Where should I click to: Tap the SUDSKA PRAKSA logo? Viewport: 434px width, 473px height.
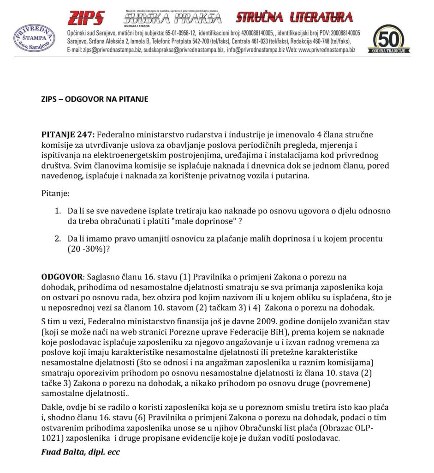172,18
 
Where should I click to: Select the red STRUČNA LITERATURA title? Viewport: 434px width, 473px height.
294,18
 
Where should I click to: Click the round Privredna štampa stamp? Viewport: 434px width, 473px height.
34,36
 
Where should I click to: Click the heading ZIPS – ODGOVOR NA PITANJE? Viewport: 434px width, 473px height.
95,99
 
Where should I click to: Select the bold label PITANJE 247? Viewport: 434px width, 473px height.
68,134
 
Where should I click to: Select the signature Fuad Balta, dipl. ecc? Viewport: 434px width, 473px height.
81,452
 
